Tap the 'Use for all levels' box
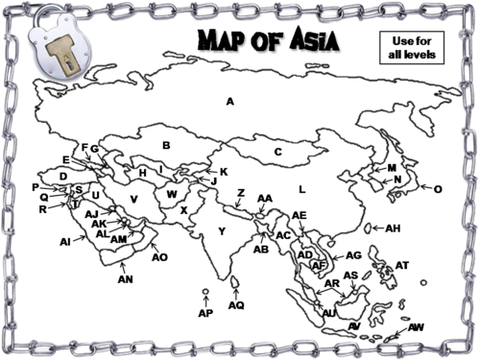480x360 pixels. click(x=414, y=47)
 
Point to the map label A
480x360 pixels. click(x=230, y=101)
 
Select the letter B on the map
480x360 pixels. click(x=165, y=145)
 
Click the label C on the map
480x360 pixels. click(x=277, y=151)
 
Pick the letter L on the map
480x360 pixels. click(x=300, y=188)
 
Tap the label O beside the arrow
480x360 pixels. click(x=438, y=189)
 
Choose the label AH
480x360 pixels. click(x=392, y=228)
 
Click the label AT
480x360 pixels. click(x=402, y=265)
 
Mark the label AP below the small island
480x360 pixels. click(x=204, y=313)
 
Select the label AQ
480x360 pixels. click(x=237, y=305)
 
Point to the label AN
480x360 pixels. click(x=125, y=279)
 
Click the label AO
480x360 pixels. click(x=159, y=256)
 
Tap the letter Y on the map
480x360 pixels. click(x=222, y=230)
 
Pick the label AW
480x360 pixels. click(x=416, y=327)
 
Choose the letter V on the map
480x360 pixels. click(x=134, y=199)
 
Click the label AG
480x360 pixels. click(x=353, y=255)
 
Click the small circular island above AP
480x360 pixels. click(x=205, y=291)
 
